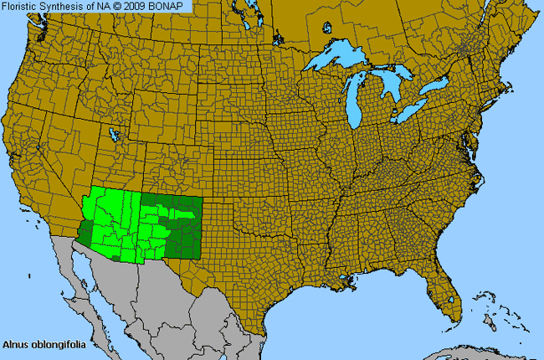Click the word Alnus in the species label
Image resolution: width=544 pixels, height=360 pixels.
point(15,343)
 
